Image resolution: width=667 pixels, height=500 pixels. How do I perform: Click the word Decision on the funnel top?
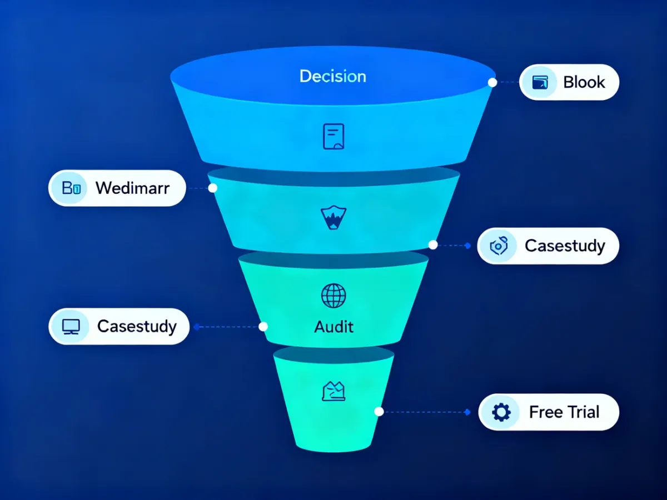coord(333,76)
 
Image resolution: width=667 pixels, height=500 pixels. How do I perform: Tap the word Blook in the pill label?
coord(584,82)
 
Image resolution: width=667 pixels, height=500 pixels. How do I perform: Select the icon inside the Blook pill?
coord(540,82)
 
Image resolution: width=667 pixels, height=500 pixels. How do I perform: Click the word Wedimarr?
coord(132,188)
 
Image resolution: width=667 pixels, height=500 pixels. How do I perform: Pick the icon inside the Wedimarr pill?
coord(71,188)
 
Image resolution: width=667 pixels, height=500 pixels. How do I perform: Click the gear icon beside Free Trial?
coord(501,412)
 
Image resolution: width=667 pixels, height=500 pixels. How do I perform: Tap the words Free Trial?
coord(564,412)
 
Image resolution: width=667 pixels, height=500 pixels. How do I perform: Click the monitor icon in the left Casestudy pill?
coord(71,327)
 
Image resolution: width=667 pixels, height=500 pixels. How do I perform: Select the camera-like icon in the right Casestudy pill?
coord(499,246)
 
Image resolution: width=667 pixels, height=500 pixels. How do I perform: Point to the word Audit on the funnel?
coord(333,327)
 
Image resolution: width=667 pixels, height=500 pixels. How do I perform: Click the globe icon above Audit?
coord(333,296)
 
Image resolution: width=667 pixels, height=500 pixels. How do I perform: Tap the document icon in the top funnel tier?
coord(333,136)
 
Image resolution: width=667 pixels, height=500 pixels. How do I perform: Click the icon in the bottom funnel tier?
coord(333,391)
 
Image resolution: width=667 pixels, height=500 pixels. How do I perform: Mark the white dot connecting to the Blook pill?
coord(492,82)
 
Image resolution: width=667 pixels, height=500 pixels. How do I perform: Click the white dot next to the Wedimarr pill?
coord(213,188)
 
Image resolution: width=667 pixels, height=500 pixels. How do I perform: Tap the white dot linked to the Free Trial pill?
coord(379,412)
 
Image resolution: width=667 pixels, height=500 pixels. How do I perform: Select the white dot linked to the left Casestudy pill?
coord(263,327)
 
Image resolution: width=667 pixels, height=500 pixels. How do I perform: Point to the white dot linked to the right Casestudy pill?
coord(433,244)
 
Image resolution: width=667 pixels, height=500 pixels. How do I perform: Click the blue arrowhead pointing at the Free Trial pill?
coord(468,412)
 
